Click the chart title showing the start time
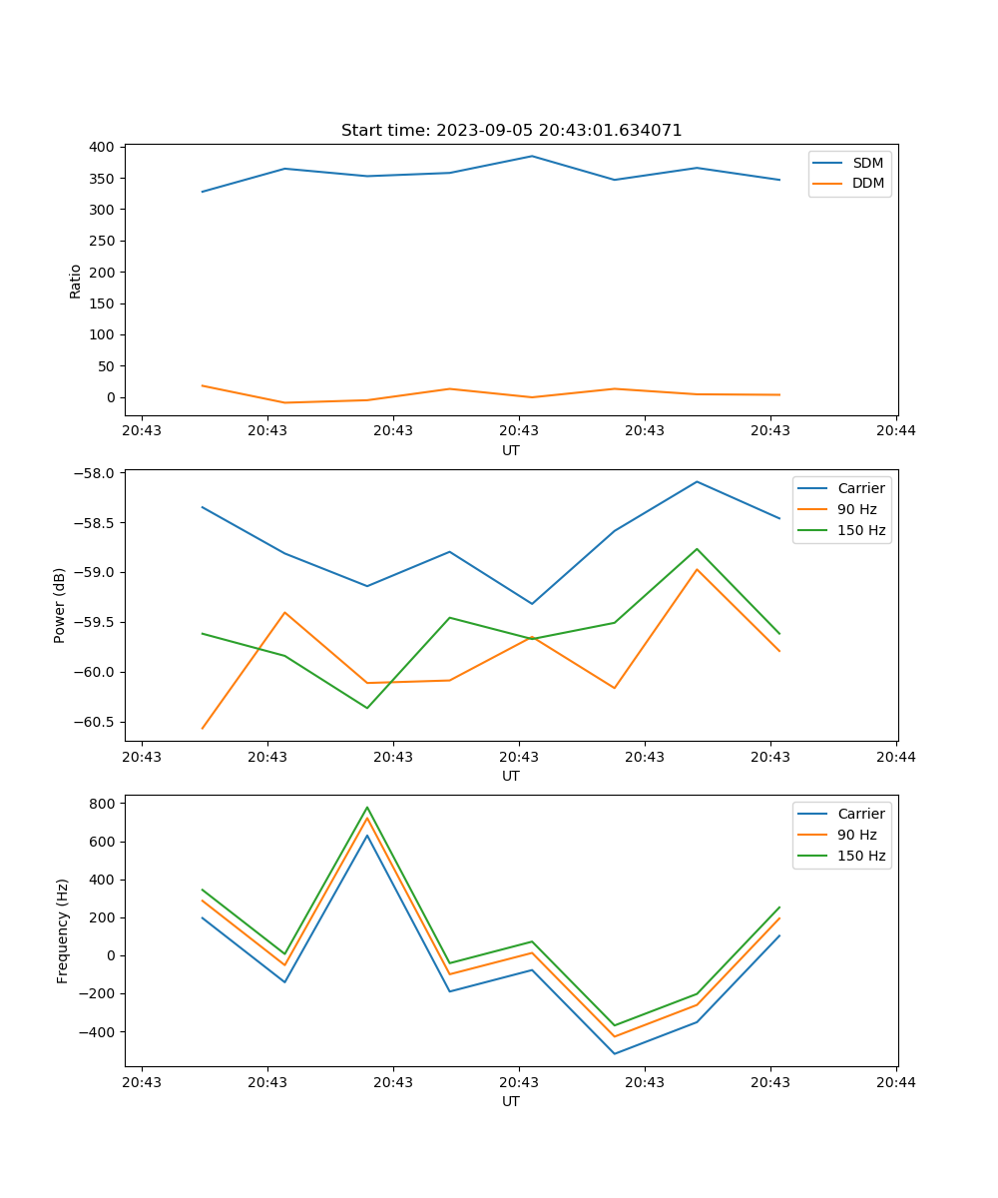[x=511, y=131]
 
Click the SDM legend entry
[x=867, y=163]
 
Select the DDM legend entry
[x=867, y=183]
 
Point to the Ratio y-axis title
[x=75, y=281]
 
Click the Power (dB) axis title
[x=60, y=605]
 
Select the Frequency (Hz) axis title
[x=62, y=930]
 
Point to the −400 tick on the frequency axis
[x=99, y=1031]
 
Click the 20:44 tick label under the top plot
[x=895, y=431]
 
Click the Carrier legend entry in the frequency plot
[x=860, y=814]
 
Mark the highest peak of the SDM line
[x=532, y=156]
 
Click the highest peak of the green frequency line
[x=367, y=808]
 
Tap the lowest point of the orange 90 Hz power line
[x=203, y=729]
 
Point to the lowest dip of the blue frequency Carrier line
[x=615, y=1053]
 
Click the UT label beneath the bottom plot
[x=511, y=1101]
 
